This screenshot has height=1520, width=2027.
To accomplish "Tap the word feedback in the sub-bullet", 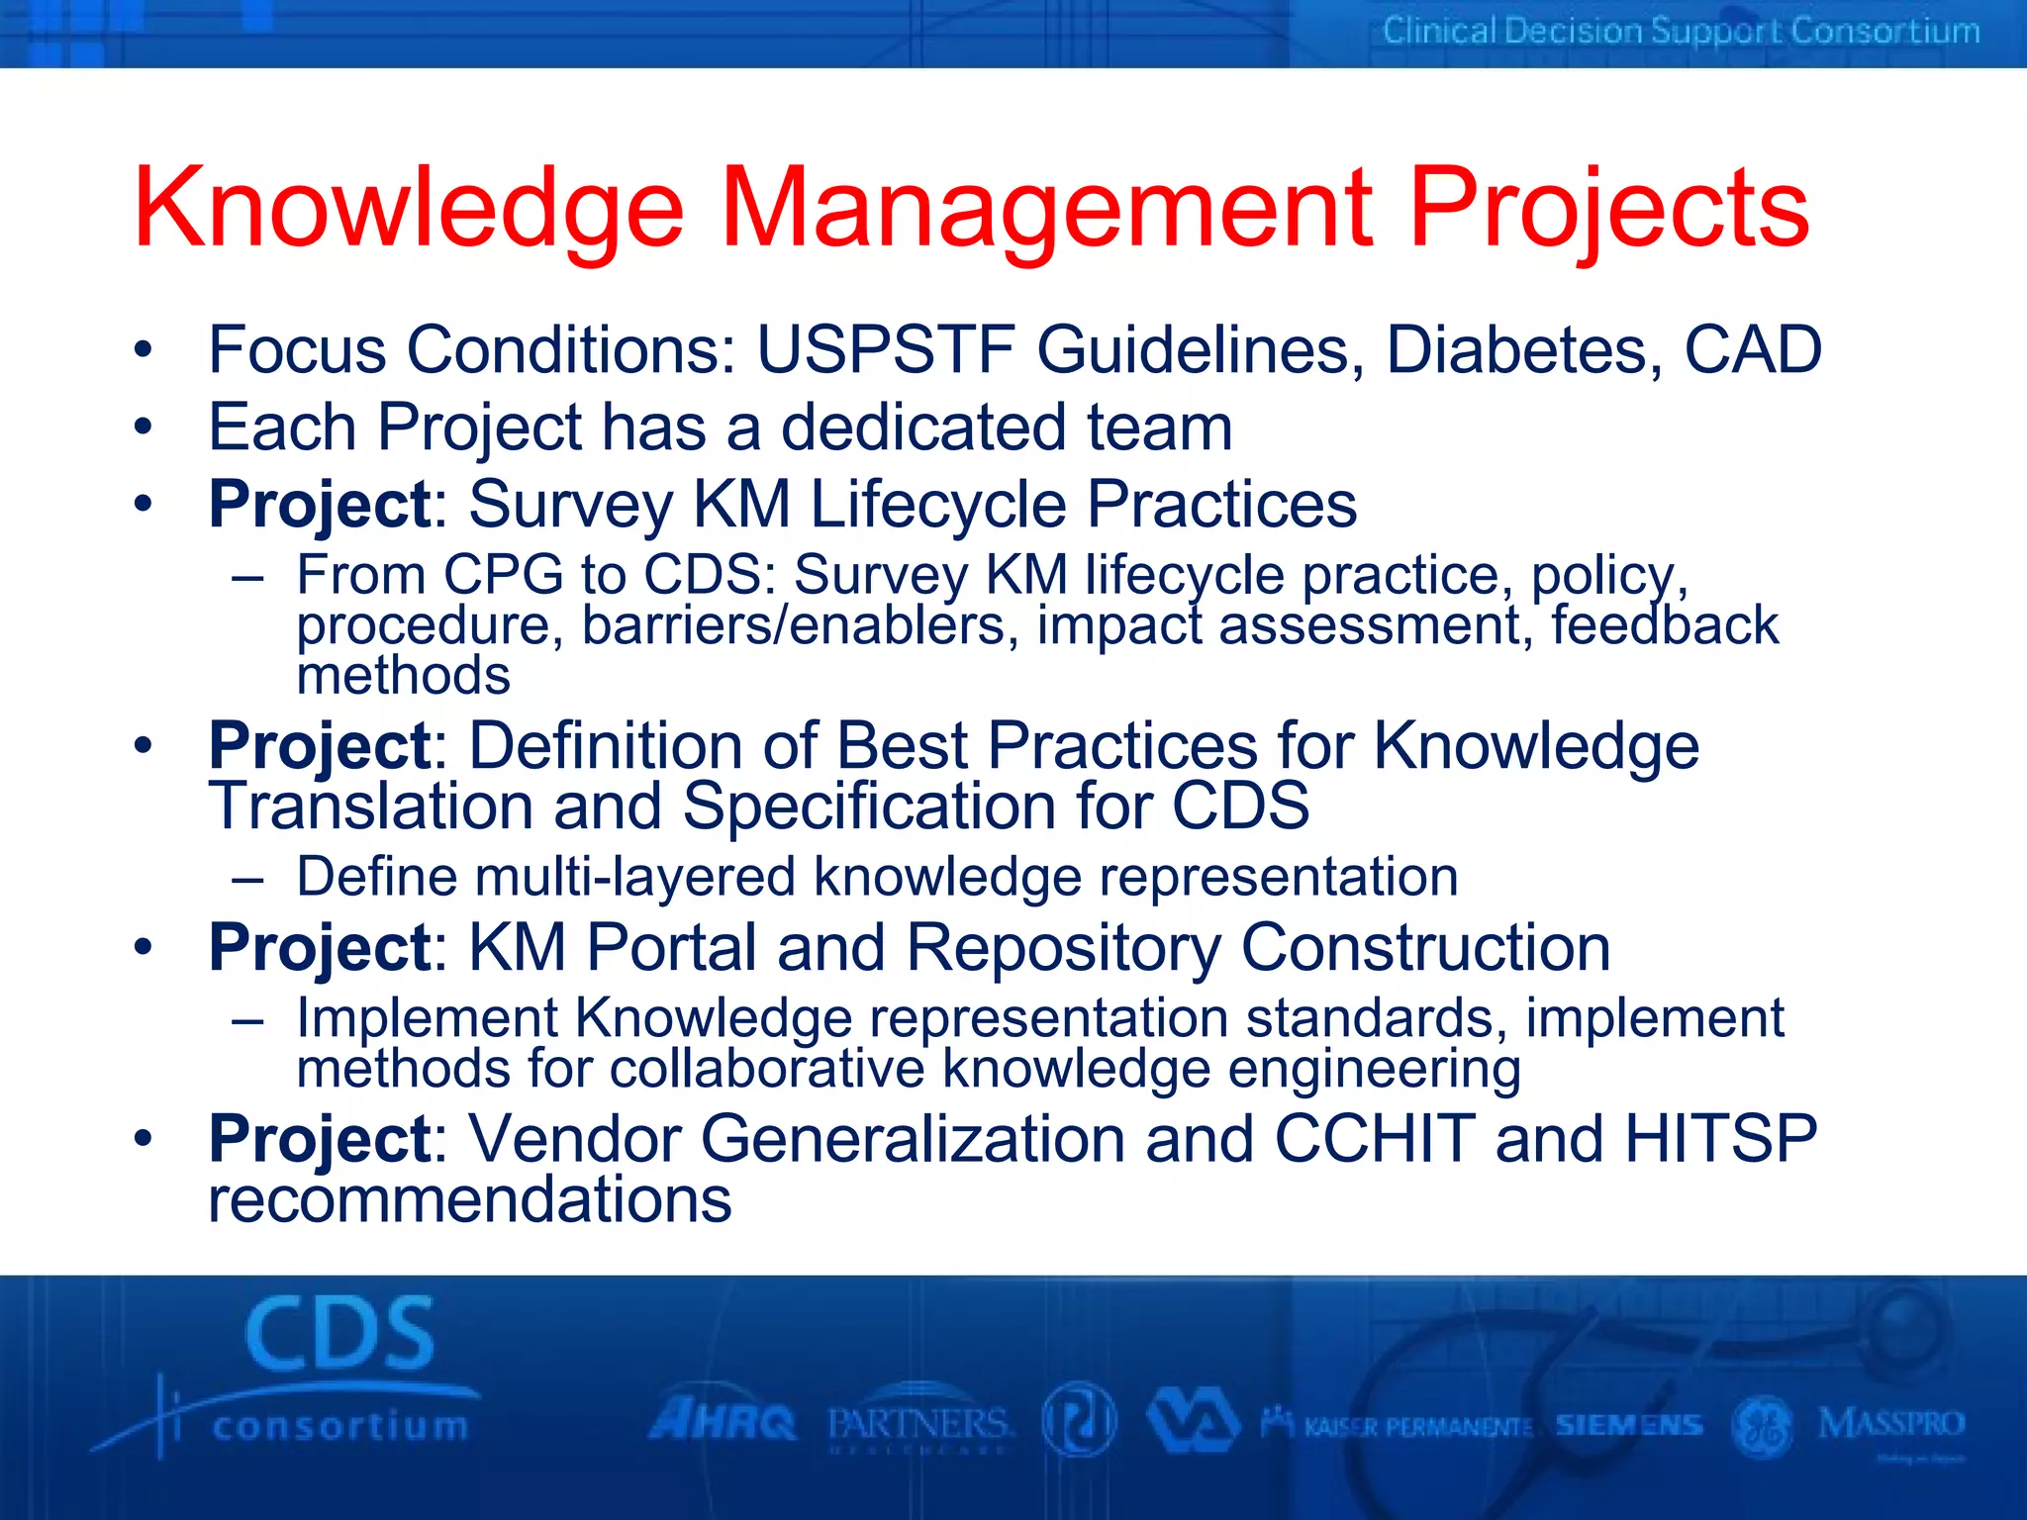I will pyautogui.click(x=1664, y=625).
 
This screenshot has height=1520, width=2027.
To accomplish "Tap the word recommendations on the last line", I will pyautogui.click(x=469, y=1200).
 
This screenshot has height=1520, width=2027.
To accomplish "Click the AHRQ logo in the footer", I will pyautogui.click(x=723, y=1423).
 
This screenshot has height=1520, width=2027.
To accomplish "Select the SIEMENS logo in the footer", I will pyautogui.click(x=1628, y=1425).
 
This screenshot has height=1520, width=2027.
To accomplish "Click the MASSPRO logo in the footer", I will pyautogui.click(x=1890, y=1425).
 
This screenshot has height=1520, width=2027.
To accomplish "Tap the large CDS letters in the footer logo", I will pyautogui.click(x=339, y=1334).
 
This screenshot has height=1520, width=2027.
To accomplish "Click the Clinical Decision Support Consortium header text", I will pyautogui.click(x=1681, y=32).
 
